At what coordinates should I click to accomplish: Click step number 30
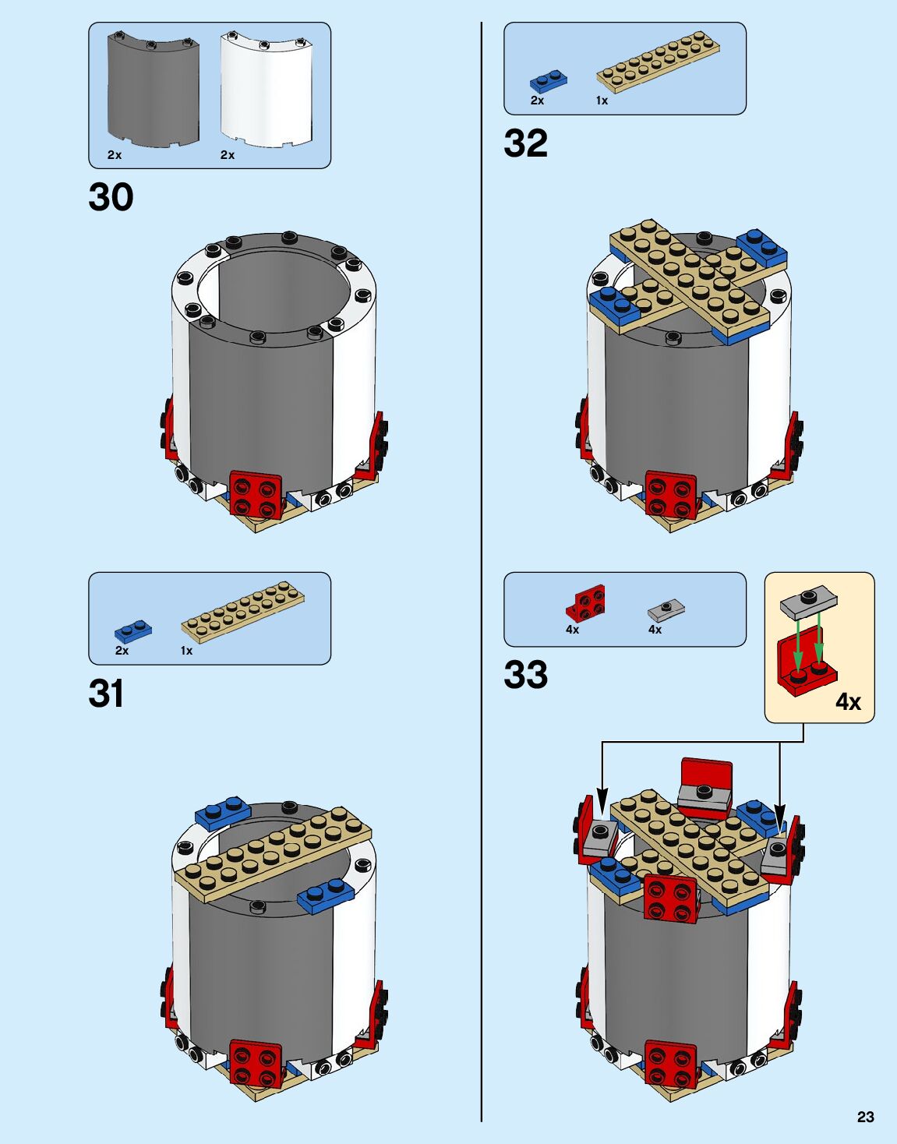pyautogui.click(x=111, y=197)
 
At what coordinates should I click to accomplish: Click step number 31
pyautogui.click(x=106, y=693)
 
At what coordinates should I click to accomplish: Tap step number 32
pyautogui.click(x=525, y=143)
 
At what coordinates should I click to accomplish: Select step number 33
pyautogui.click(x=525, y=675)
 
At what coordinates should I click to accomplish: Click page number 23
pyautogui.click(x=865, y=1117)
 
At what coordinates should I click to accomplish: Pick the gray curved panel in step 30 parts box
pyautogui.click(x=153, y=90)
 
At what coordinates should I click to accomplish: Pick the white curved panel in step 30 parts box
pyautogui.click(x=267, y=90)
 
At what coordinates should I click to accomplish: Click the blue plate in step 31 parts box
pyautogui.click(x=133, y=630)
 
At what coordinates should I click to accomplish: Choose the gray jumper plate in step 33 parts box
pyautogui.click(x=666, y=609)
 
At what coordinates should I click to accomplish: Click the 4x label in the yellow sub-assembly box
pyautogui.click(x=848, y=702)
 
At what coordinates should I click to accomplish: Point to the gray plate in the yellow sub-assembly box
pyautogui.click(x=809, y=601)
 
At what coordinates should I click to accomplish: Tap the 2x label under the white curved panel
pyautogui.click(x=228, y=155)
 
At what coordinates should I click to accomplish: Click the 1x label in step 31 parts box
pyautogui.click(x=187, y=651)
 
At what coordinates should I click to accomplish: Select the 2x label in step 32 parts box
pyautogui.click(x=537, y=101)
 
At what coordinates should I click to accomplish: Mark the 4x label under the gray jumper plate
pyautogui.click(x=655, y=630)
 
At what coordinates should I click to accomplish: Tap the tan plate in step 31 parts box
pyautogui.click(x=242, y=613)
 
